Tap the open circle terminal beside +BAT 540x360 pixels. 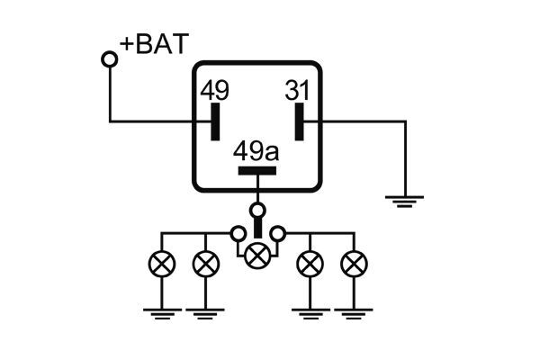[110, 59]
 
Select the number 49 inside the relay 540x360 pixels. [214, 91]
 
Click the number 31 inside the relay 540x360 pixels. [298, 91]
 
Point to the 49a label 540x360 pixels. [256, 150]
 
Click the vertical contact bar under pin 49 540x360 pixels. [215, 121]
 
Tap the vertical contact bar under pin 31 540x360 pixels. [300, 121]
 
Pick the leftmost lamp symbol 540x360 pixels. [161, 264]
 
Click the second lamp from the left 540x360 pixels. [206, 264]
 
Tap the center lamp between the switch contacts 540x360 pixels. [257, 255]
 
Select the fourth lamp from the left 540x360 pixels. [310, 264]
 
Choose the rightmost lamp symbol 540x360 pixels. [354, 264]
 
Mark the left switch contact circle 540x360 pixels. [238, 234]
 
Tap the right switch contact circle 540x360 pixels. [278, 234]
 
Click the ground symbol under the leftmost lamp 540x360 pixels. [161, 312]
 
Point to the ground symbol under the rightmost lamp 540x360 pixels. [354, 312]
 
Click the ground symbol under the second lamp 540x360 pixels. [206, 312]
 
